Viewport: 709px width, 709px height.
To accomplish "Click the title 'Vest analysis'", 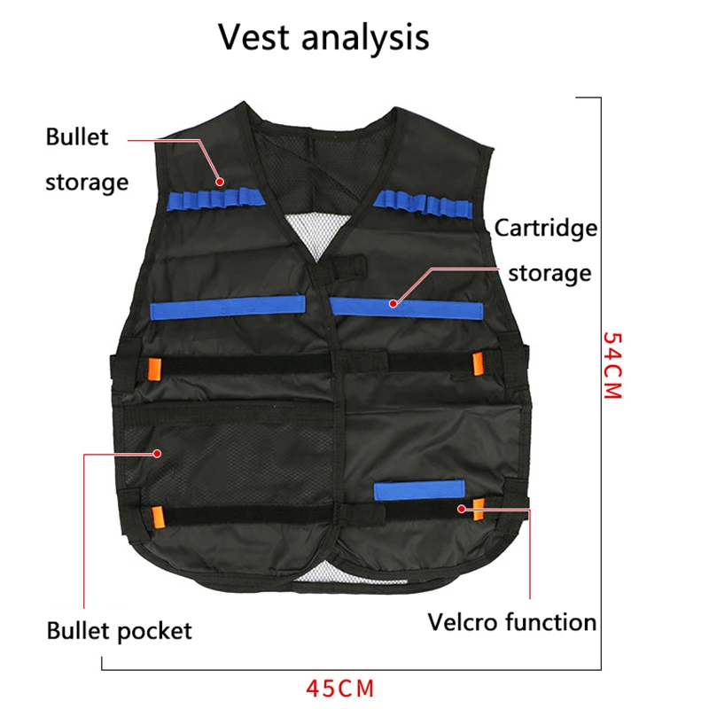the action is tap(323, 38).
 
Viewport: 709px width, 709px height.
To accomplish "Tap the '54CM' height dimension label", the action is tap(613, 365).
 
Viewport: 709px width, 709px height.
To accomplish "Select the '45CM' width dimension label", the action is tap(340, 689).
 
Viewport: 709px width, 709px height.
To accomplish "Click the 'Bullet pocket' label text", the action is tap(119, 631).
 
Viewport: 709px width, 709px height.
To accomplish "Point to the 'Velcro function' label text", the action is tap(512, 622).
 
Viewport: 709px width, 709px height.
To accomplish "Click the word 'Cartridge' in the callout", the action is tap(546, 228).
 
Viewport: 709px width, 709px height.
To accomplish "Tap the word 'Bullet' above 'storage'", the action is tap(77, 136).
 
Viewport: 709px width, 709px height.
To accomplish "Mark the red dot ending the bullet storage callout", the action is tap(220, 182).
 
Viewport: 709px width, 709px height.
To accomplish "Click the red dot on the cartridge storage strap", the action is tap(393, 304).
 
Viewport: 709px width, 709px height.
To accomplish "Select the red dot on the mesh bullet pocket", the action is tap(158, 454).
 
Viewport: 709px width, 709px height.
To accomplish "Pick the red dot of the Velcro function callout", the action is tap(462, 509).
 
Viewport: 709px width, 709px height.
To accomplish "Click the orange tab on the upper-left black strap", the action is tap(154, 370).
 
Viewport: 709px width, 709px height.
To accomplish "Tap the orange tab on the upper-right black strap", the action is tap(478, 364).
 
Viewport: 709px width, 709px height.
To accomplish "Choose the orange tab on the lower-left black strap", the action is tap(158, 517).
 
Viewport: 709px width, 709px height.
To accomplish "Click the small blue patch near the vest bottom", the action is tap(419, 490).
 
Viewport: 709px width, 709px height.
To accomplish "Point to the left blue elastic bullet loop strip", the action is tap(216, 199).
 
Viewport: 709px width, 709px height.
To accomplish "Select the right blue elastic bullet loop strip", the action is tap(424, 205).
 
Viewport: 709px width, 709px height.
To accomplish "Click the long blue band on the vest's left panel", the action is tap(228, 307).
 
